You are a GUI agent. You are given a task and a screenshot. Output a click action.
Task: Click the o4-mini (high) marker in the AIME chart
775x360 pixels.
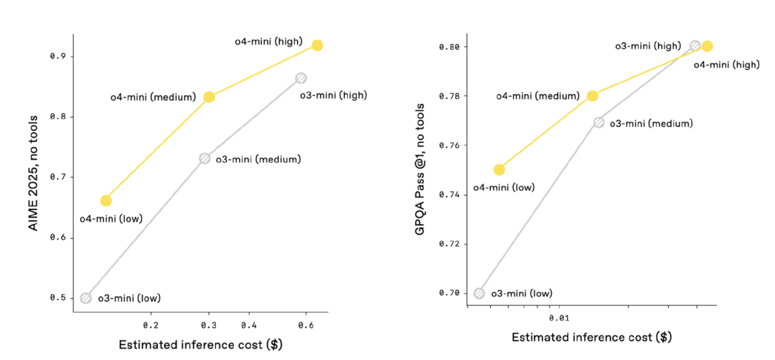[x=317, y=45]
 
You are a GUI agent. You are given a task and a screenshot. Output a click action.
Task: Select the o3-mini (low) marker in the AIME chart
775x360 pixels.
[x=86, y=298]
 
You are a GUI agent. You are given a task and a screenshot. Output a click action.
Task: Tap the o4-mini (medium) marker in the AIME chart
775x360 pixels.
[x=209, y=97]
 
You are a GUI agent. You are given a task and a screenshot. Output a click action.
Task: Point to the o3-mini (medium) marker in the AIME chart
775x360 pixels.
[x=205, y=158]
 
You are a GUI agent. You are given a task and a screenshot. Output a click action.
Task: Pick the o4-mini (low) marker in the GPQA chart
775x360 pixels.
[x=499, y=170]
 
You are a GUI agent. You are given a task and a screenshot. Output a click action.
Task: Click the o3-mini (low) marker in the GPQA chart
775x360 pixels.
[x=479, y=293]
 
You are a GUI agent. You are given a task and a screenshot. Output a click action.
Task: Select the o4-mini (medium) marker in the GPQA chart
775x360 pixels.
[x=593, y=96]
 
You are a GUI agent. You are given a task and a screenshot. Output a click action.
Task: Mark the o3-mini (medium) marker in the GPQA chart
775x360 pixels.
[x=599, y=123]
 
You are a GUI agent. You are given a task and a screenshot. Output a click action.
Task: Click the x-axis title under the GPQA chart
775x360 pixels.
[x=591, y=337]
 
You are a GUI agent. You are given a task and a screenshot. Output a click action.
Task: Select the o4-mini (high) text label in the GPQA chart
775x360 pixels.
[x=725, y=65]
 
